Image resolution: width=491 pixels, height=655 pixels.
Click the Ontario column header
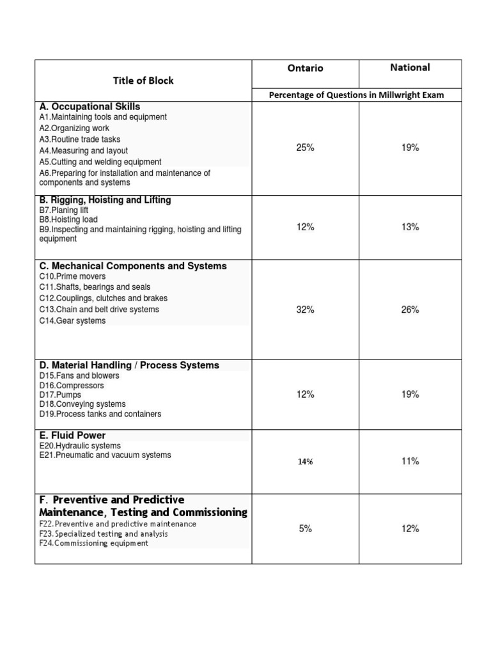click(x=305, y=68)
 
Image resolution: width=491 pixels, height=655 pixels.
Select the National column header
click(x=410, y=67)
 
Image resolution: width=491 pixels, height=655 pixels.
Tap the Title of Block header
click(x=143, y=81)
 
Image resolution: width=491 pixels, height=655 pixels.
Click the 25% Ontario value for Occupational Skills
click(x=305, y=148)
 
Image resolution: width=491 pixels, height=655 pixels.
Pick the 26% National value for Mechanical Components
click(x=410, y=310)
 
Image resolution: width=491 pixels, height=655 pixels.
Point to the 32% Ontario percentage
click(x=305, y=310)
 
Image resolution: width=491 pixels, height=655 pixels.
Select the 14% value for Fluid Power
click(x=305, y=462)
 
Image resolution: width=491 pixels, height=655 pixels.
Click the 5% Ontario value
click(x=305, y=529)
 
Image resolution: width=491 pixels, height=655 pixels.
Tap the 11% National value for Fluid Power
click(x=410, y=461)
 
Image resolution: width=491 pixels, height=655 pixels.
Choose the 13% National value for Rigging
click(x=410, y=227)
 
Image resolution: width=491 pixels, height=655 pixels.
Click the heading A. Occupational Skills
click(x=90, y=107)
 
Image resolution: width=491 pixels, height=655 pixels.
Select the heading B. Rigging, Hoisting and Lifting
click(x=105, y=200)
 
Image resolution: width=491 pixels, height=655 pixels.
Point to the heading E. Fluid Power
click(x=72, y=436)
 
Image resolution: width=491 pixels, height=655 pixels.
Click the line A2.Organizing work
click(x=74, y=129)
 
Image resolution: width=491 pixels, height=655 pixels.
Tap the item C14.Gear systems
click(x=72, y=320)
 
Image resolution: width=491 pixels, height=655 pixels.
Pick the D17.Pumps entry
click(x=60, y=395)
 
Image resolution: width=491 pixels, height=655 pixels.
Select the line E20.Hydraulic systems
click(x=80, y=446)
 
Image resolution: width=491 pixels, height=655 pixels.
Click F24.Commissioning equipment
click(x=93, y=543)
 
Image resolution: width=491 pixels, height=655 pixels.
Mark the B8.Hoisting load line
click(x=68, y=219)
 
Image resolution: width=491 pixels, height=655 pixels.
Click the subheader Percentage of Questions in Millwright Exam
click(x=356, y=95)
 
